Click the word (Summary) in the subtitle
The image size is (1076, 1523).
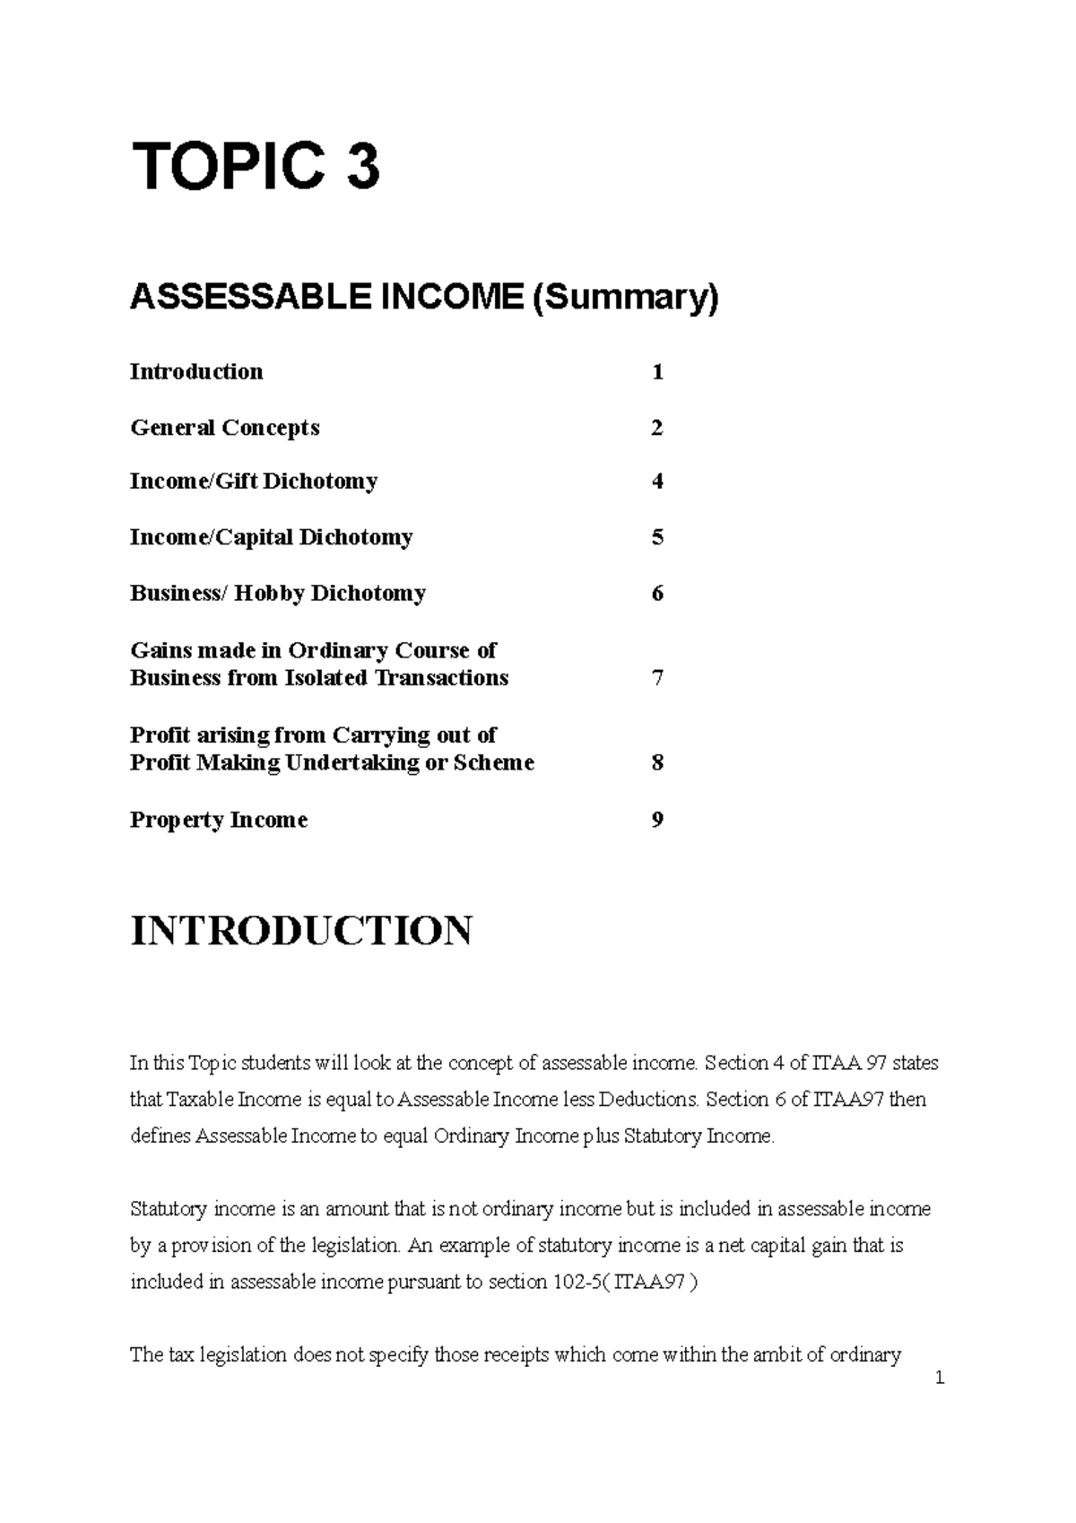point(625,297)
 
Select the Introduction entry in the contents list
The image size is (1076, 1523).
point(196,372)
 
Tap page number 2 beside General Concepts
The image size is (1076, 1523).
point(657,428)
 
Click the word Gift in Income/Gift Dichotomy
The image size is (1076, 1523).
point(238,482)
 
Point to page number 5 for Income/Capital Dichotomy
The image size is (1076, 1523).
point(657,537)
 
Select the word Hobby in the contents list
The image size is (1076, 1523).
point(267,594)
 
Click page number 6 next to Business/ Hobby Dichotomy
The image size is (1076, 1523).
point(657,594)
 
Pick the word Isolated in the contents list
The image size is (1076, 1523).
point(325,678)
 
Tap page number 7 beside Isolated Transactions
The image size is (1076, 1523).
point(657,678)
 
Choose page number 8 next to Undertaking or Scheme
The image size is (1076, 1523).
point(657,763)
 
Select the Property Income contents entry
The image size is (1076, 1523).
point(219,820)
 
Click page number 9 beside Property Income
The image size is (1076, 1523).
point(657,820)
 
